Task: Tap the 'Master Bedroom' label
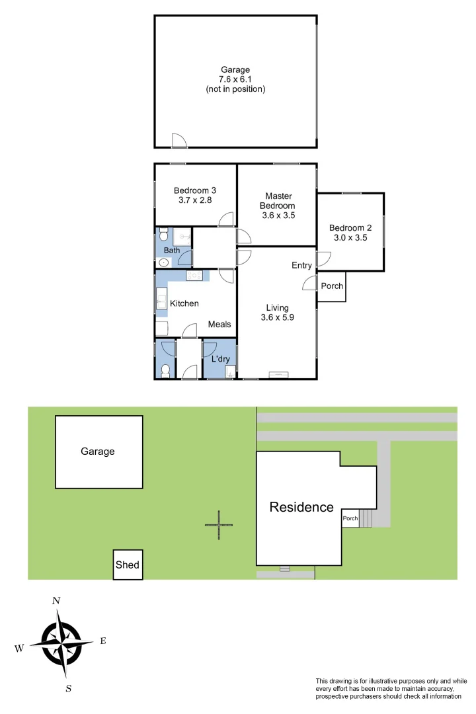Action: (x=278, y=200)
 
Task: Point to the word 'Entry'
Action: (x=301, y=265)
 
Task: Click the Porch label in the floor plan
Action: (x=331, y=286)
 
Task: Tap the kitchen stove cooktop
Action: (x=194, y=275)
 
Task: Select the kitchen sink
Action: (x=161, y=299)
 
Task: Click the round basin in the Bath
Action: (x=163, y=262)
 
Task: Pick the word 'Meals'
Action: (x=219, y=324)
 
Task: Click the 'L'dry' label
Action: (x=219, y=358)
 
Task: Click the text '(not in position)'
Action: (x=235, y=89)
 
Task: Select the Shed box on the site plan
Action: (x=128, y=565)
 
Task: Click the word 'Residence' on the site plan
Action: (x=301, y=507)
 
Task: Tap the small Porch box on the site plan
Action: (x=350, y=518)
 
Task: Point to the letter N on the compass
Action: (x=56, y=600)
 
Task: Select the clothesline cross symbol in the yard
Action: (x=219, y=525)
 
